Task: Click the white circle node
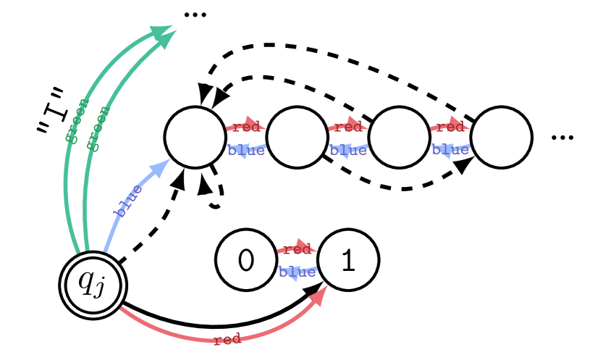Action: click(93, 285)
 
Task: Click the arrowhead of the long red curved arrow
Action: click(321, 293)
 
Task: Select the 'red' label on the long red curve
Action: click(227, 339)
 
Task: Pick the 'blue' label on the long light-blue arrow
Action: click(129, 201)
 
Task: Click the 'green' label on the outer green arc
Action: click(77, 121)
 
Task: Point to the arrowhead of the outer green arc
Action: click(162, 32)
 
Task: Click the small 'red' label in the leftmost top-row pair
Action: click(246, 127)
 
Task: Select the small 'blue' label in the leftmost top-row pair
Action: click(246, 151)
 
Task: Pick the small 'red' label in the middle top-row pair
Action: click(348, 127)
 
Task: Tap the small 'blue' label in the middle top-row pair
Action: click(348, 151)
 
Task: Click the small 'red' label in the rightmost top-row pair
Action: click(450, 127)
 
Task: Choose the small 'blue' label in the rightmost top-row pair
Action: click(450, 151)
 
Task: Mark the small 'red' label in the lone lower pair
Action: click(297, 250)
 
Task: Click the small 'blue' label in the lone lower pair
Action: click(297, 273)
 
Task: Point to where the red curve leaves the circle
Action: click(121, 308)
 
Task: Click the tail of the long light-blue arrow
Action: click(106, 251)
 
